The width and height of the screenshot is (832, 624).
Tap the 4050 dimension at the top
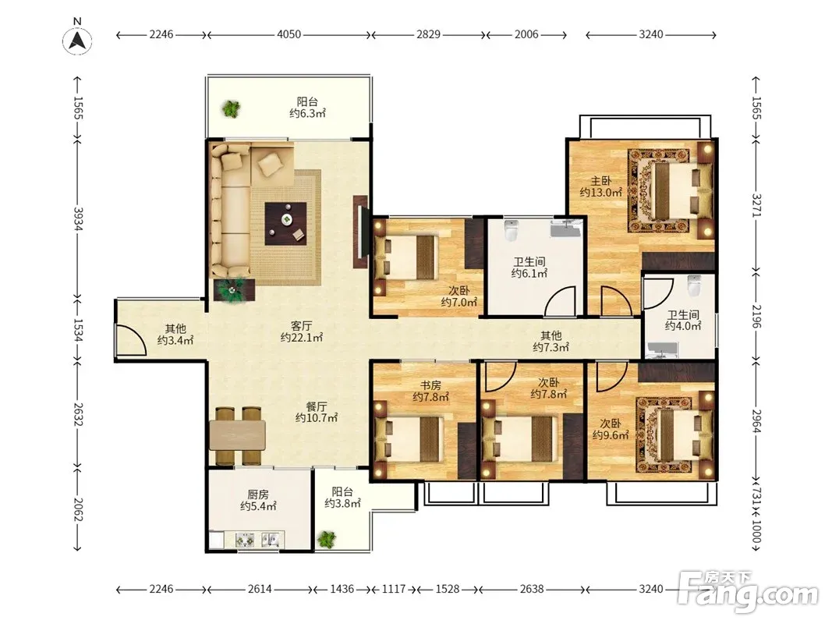(x=289, y=34)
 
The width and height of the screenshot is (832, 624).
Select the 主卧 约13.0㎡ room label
(x=600, y=186)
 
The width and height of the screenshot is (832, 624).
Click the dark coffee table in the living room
(x=286, y=223)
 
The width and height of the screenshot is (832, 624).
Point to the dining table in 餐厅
(x=237, y=436)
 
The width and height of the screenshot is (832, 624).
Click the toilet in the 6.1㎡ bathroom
(x=511, y=230)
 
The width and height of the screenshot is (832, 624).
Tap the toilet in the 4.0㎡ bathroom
(x=694, y=285)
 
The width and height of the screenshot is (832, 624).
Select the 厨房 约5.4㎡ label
(x=258, y=500)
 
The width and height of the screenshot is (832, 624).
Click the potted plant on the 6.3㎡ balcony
(x=231, y=108)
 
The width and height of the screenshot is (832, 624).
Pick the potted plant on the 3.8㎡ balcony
(x=326, y=539)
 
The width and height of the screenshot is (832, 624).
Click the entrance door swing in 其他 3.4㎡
(x=130, y=339)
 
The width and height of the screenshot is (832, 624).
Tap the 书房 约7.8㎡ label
(x=431, y=391)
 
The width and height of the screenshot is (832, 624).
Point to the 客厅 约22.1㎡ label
(x=302, y=331)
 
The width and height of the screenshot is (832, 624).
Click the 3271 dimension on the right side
(x=756, y=205)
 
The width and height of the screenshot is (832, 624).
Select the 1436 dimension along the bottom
(x=342, y=589)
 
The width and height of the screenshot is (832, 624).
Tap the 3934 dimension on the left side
(x=77, y=218)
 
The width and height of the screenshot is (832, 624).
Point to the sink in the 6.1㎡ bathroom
(x=565, y=229)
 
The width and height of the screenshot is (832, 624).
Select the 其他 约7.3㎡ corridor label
(x=551, y=341)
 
